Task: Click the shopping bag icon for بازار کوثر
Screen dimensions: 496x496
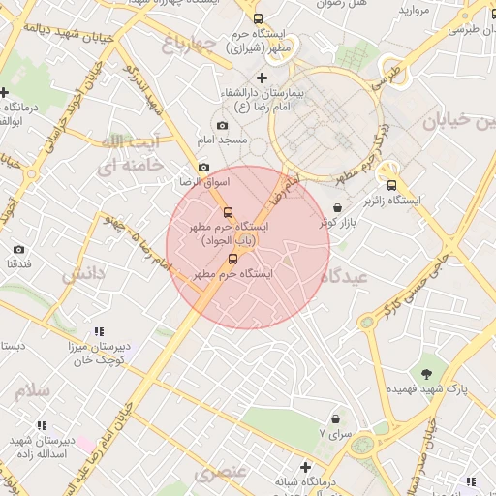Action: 337,208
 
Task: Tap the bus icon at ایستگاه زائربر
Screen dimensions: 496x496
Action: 391,185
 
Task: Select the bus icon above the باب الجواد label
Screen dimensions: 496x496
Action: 228,212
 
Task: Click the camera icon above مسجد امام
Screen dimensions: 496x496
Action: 223,125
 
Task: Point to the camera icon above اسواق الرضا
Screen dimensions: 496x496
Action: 203,168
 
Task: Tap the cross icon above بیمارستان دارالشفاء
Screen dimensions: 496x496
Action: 262,77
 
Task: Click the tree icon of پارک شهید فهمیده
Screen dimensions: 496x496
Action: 426,373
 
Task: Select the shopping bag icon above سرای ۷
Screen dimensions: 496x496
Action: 335,419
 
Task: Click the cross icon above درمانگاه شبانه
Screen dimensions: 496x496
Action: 305,467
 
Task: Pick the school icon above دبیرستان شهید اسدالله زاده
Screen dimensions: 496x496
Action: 42,425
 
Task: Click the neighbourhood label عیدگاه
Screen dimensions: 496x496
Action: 349,276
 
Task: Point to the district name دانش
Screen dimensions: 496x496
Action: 82,275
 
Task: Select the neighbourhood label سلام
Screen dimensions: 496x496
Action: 32,391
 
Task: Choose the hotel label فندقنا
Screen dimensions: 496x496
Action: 19,263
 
